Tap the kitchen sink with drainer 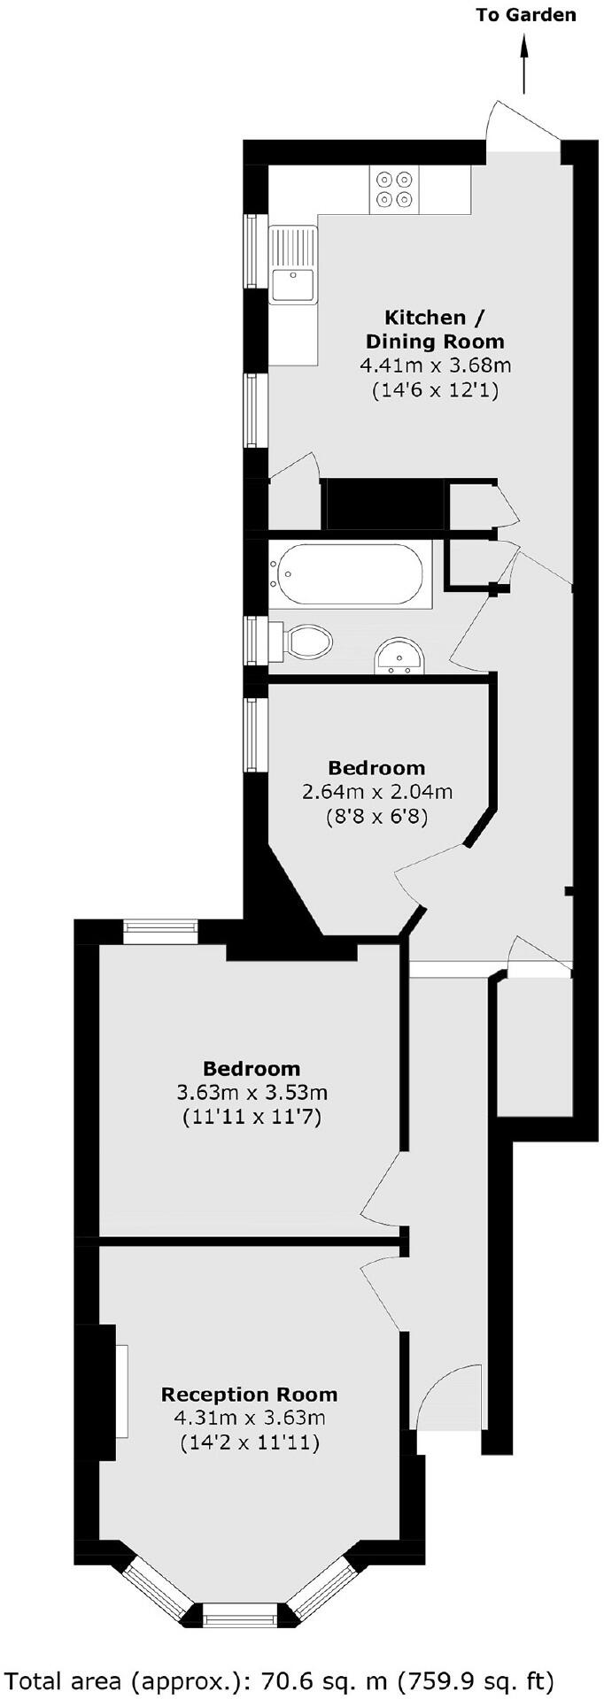[293, 265]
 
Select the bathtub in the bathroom [351, 575]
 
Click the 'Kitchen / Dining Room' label [435, 329]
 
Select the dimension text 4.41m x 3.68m [435, 365]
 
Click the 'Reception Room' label [249, 1395]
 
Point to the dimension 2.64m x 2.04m [377, 791]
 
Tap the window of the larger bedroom [160, 927]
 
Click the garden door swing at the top [523, 124]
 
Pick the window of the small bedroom [256, 734]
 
